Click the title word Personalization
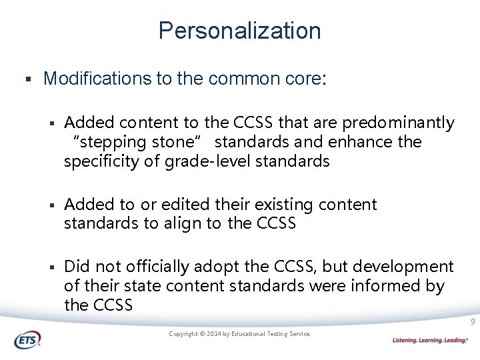tap(239, 31)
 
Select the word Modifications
tap(97, 79)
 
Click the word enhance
tap(366, 142)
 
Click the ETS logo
tap(27, 339)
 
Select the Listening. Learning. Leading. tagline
tap(430, 340)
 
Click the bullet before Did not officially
tap(51, 267)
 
